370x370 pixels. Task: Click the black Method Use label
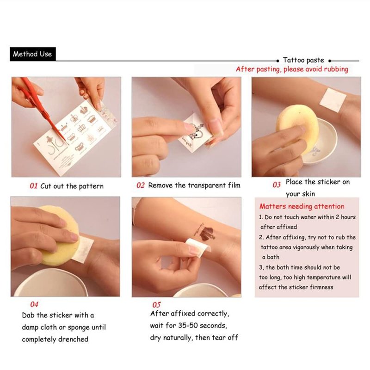[x=33, y=54]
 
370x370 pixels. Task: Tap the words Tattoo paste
[x=303, y=60]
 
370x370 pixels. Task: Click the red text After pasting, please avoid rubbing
[x=292, y=69]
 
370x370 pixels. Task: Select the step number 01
[x=33, y=186]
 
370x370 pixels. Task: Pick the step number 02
[x=141, y=185]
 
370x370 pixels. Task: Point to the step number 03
[x=277, y=185]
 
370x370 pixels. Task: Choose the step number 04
[x=34, y=304]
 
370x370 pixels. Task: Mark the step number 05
[x=156, y=305]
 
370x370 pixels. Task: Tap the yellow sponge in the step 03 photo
[x=297, y=129]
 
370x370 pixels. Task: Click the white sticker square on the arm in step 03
[x=333, y=100]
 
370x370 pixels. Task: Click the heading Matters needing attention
[x=302, y=206]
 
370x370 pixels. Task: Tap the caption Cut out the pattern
[x=72, y=186]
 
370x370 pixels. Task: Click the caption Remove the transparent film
[x=194, y=185]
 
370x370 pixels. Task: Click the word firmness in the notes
[x=321, y=287]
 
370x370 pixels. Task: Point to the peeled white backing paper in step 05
[x=198, y=247]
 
